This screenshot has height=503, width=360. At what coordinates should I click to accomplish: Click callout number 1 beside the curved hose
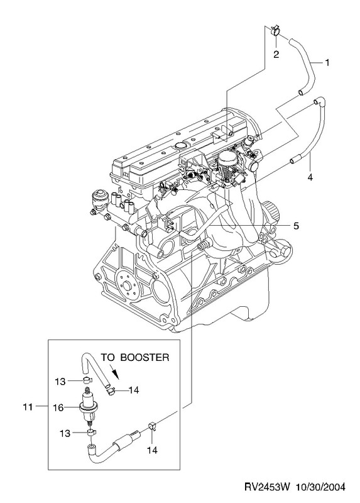pyautogui.click(x=327, y=62)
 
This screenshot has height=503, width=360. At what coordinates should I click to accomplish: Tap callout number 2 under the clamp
pyautogui.click(x=276, y=54)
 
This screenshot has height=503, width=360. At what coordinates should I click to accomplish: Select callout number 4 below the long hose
pyautogui.click(x=310, y=177)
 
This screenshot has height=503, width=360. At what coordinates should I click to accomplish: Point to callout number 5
pyautogui.click(x=296, y=226)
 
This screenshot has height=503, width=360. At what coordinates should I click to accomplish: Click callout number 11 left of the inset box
pyautogui.click(x=28, y=407)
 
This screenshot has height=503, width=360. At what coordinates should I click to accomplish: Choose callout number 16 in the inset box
pyautogui.click(x=58, y=407)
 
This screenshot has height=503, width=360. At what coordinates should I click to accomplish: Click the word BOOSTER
pyautogui.click(x=145, y=357)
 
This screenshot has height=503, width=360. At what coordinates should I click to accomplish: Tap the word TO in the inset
pyautogui.click(x=108, y=357)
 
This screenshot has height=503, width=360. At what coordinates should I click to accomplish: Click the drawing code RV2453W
pyautogui.click(x=267, y=487)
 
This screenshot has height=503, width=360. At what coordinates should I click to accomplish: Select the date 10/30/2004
pyautogui.click(x=320, y=487)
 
